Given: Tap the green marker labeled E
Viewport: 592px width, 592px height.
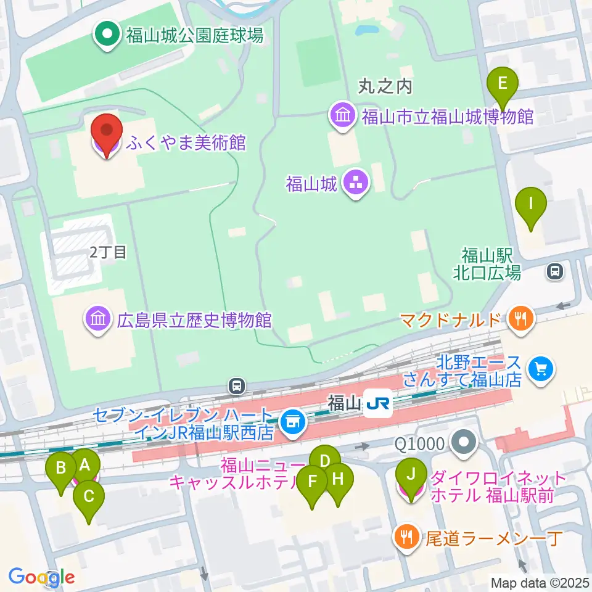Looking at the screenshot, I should pos(503,84).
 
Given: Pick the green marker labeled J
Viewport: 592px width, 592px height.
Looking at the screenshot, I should pos(411,476).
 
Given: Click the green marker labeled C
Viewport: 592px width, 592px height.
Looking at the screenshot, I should pos(89,497).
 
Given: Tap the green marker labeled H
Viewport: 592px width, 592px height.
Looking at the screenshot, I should pos(338,480).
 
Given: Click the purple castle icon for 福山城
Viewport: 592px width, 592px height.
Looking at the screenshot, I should pos(356,183).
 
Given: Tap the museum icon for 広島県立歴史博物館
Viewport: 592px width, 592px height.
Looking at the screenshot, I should pos(97,319).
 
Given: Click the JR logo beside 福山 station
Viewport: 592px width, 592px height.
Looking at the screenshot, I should pos(377,404).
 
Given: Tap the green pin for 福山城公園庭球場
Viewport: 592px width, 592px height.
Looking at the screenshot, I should pos(107,35).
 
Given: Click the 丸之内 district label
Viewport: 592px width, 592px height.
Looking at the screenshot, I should pos(385,86).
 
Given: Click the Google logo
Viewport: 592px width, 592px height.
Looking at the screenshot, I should pos(41,577).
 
